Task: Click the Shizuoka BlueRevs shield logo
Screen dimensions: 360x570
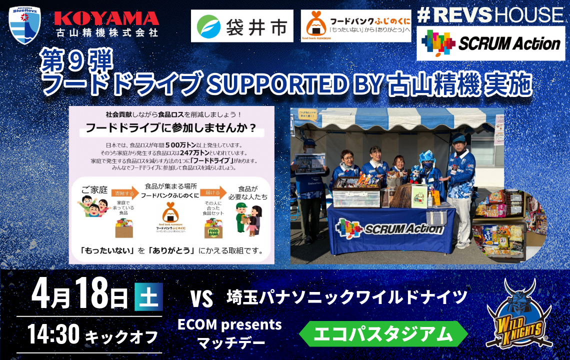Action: (24, 25)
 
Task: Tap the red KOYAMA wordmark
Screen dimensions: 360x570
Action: (106, 18)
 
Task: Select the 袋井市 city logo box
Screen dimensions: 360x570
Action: (242, 26)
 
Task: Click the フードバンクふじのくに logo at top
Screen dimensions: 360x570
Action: (356, 26)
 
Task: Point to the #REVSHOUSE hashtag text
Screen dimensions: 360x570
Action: (490, 15)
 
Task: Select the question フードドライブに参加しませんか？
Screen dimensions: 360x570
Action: (171, 128)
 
